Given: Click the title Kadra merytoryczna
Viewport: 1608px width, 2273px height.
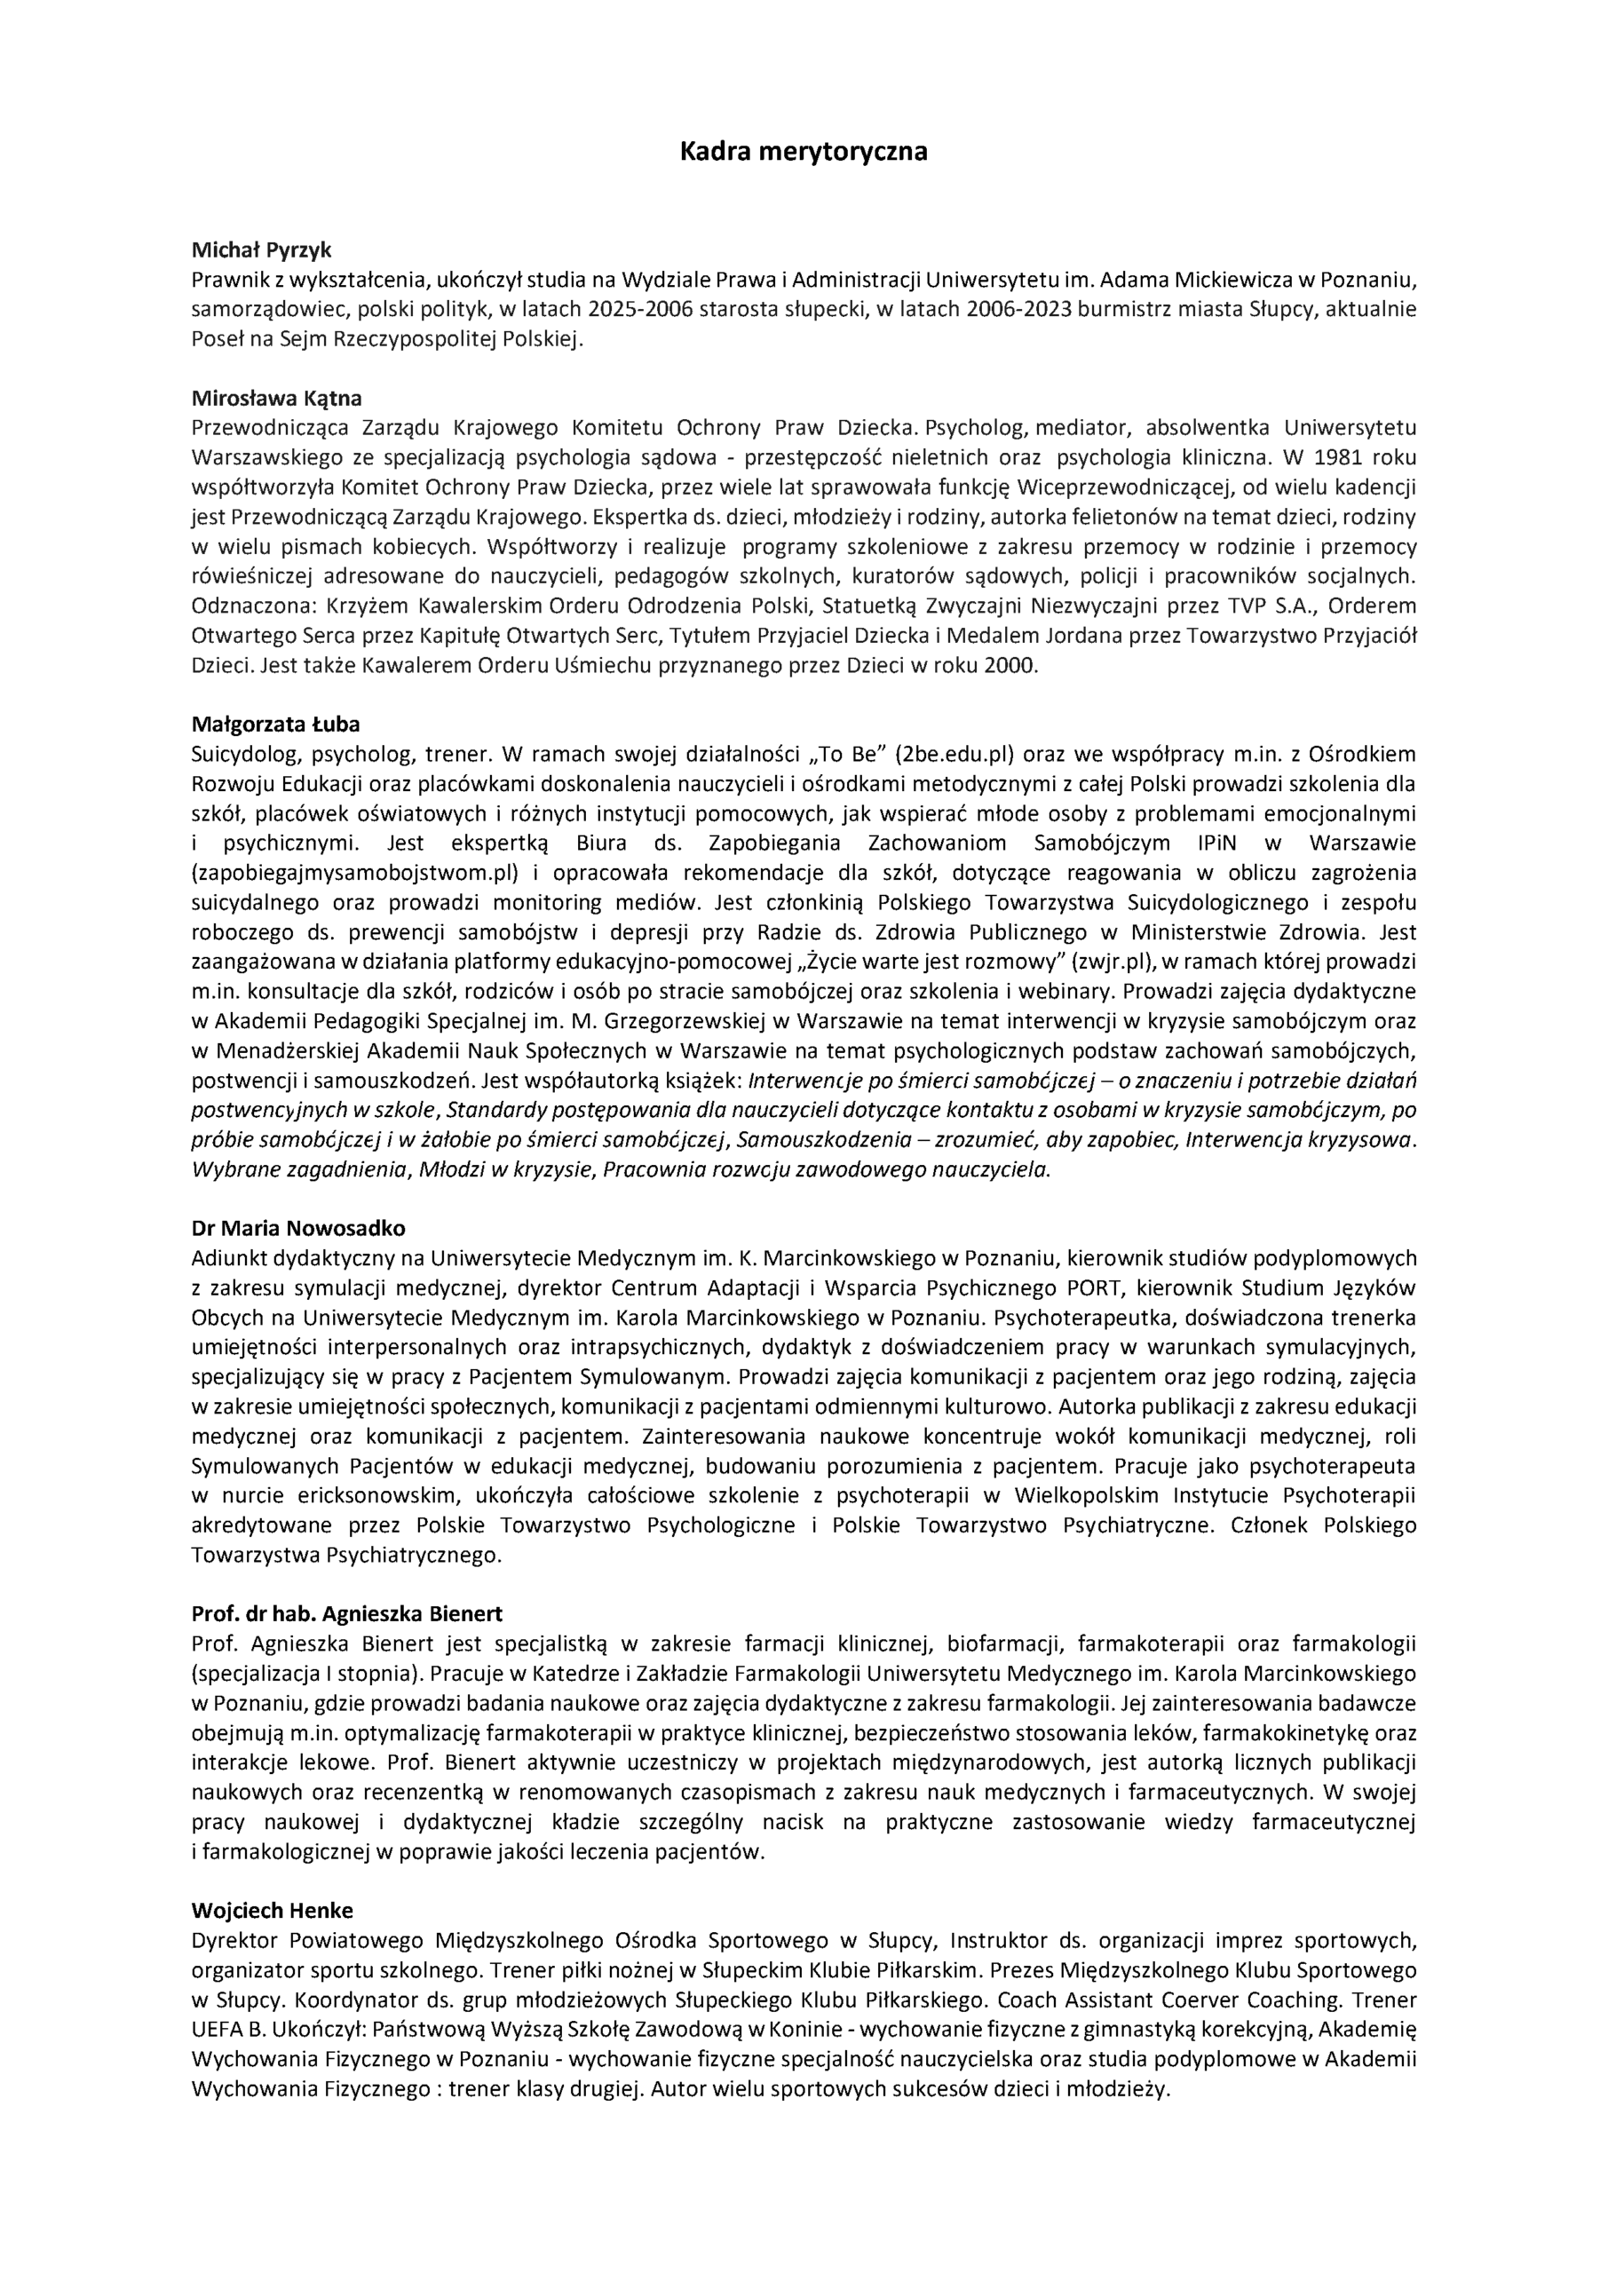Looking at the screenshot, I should [x=803, y=153].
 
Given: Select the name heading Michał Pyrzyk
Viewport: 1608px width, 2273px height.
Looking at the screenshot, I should [x=261, y=250].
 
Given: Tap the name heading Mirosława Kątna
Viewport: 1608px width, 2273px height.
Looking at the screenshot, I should [x=276, y=399].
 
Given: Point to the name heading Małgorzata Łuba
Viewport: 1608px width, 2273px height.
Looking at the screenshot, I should [x=275, y=725].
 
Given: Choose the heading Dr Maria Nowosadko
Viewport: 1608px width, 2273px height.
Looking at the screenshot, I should [x=298, y=1229].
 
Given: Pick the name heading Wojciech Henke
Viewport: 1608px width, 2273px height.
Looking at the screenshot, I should [x=273, y=1911].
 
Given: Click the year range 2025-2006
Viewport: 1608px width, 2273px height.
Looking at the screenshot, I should [x=641, y=309].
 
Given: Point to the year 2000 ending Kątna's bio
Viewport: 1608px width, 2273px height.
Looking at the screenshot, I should [x=1009, y=665].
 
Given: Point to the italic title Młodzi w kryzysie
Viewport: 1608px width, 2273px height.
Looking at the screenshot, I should [x=504, y=1169].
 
